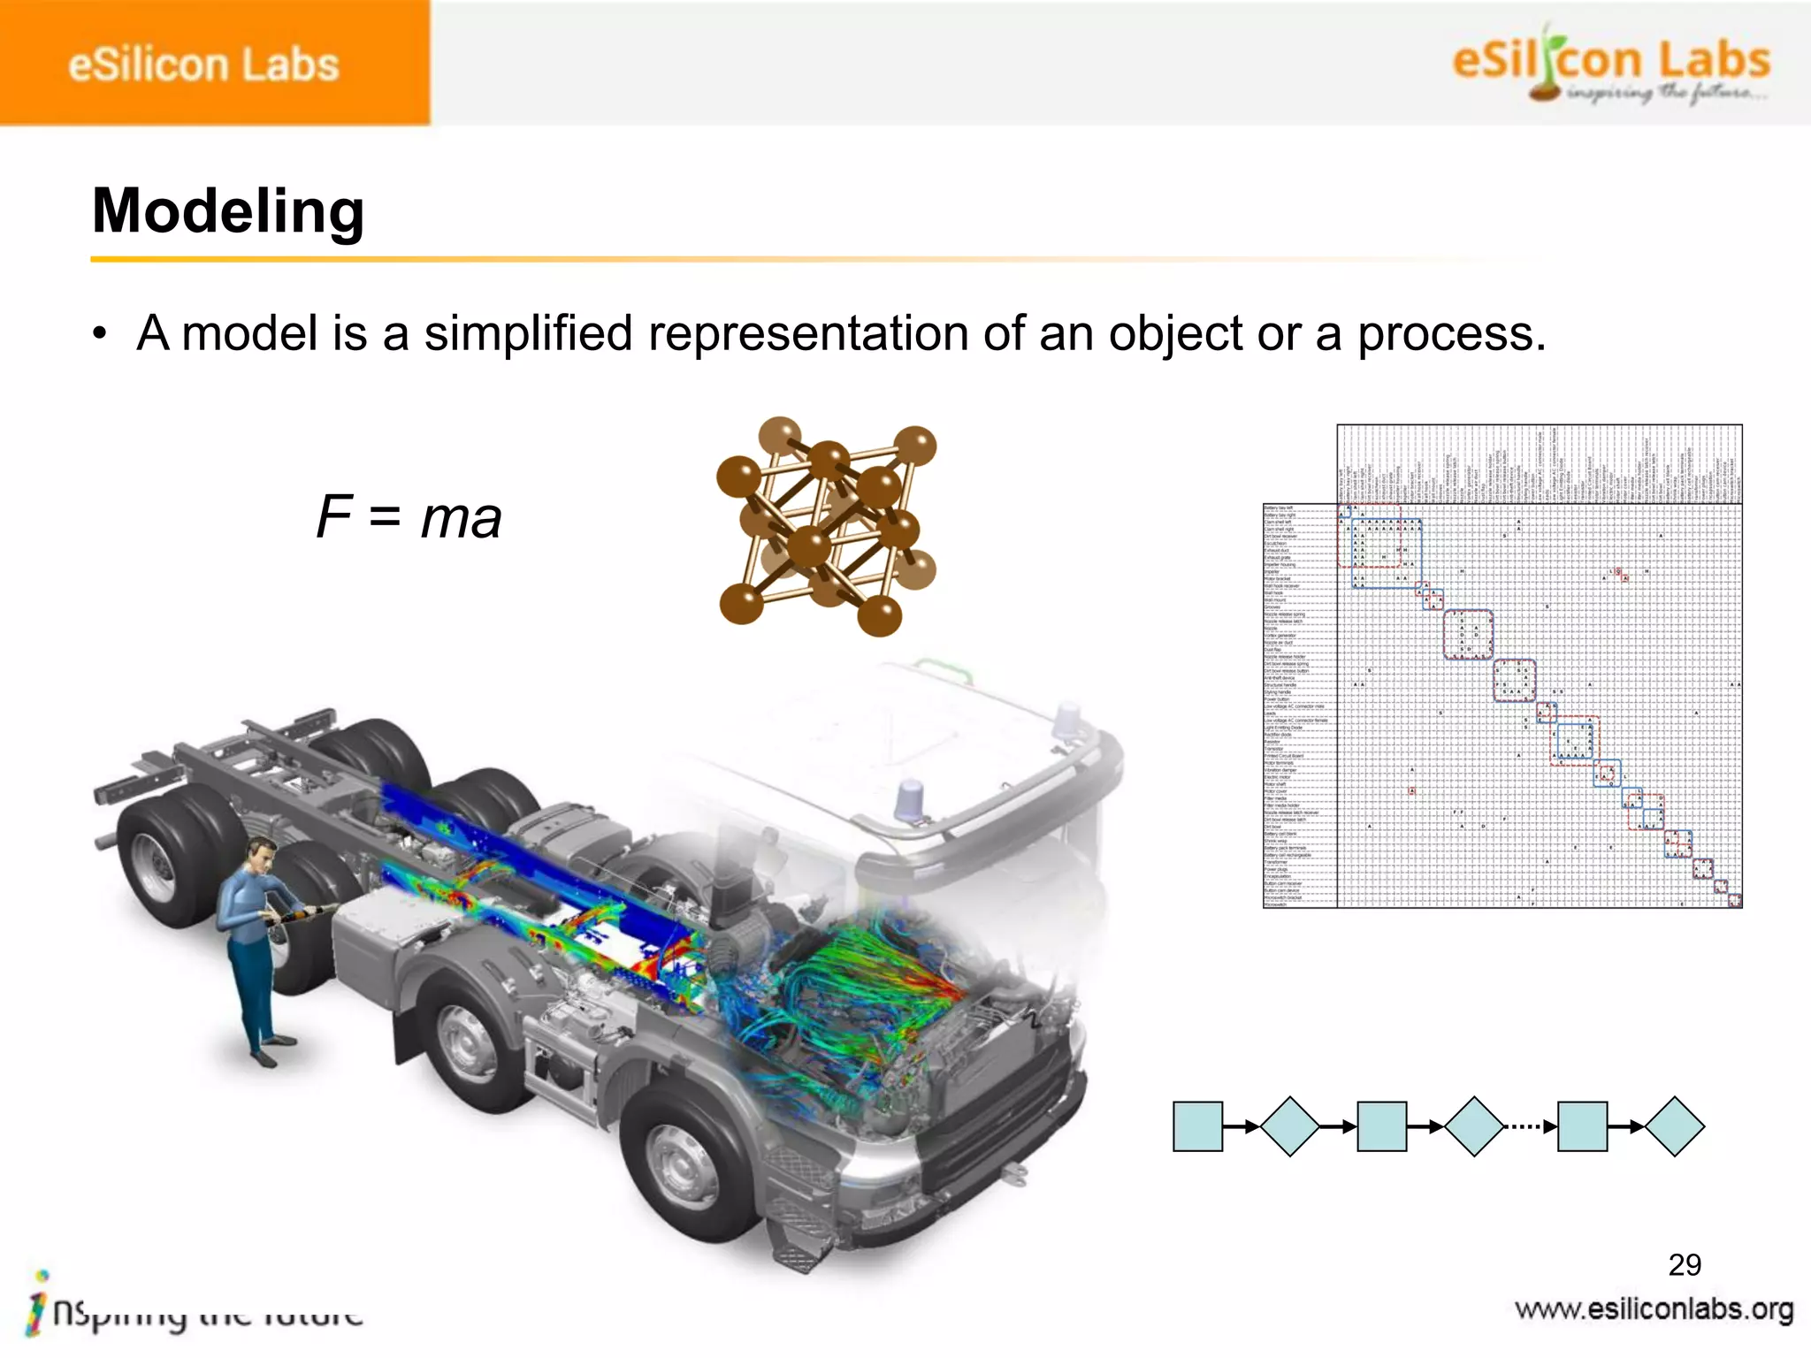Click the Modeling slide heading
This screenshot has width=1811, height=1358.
click(228, 211)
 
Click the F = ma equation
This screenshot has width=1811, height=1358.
click(409, 516)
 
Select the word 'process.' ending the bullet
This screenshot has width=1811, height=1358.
click(1451, 333)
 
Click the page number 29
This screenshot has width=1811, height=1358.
click(1684, 1264)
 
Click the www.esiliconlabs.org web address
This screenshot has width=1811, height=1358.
click(1654, 1309)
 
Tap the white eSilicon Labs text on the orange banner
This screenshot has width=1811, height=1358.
click(203, 65)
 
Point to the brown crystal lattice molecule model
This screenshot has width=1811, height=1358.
click(827, 527)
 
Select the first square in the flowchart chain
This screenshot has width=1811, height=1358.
click(1197, 1126)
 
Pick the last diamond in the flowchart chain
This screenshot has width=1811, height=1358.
click(1674, 1126)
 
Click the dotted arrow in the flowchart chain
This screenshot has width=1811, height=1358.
click(1529, 1126)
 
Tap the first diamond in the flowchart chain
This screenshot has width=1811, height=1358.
click(1290, 1126)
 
